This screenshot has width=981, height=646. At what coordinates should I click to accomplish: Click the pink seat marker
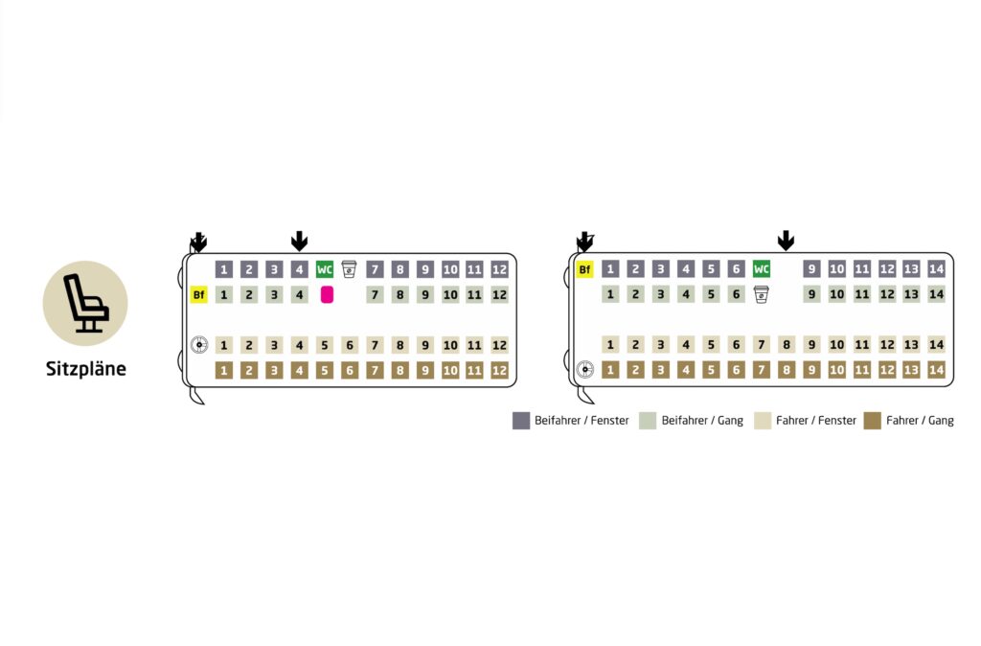tap(327, 294)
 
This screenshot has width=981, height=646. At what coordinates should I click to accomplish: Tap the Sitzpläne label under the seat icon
tap(85, 369)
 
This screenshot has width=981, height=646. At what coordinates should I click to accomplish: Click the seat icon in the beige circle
tap(85, 303)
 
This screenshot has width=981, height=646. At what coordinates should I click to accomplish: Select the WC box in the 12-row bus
tap(324, 269)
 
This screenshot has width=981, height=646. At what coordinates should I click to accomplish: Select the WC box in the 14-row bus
tap(761, 269)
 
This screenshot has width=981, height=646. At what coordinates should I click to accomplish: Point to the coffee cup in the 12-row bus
tap(349, 269)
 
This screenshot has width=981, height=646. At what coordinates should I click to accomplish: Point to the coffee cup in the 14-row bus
tap(761, 294)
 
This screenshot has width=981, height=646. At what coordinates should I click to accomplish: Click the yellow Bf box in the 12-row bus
tap(199, 295)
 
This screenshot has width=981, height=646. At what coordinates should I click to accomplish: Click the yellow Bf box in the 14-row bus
tap(584, 269)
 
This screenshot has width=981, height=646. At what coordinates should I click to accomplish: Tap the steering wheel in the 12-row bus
tap(199, 345)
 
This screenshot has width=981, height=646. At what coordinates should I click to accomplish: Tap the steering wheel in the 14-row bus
tap(585, 369)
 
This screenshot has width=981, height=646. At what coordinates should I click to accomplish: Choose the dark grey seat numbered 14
tap(936, 269)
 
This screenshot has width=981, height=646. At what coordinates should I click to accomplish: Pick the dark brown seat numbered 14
tap(936, 369)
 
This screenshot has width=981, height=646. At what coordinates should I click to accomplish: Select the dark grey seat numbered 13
tap(911, 269)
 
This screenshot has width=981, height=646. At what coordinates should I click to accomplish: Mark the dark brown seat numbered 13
tap(911, 369)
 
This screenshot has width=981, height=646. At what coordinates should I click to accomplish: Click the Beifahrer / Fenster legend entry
tap(571, 421)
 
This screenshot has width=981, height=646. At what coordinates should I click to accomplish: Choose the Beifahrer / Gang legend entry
tap(692, 421)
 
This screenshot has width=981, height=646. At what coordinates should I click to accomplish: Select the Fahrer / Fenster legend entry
tap(805, 421)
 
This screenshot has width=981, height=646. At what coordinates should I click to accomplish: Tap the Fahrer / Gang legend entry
tap(908, 421)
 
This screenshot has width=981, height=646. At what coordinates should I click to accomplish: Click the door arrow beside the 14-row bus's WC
tap(786, 241)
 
